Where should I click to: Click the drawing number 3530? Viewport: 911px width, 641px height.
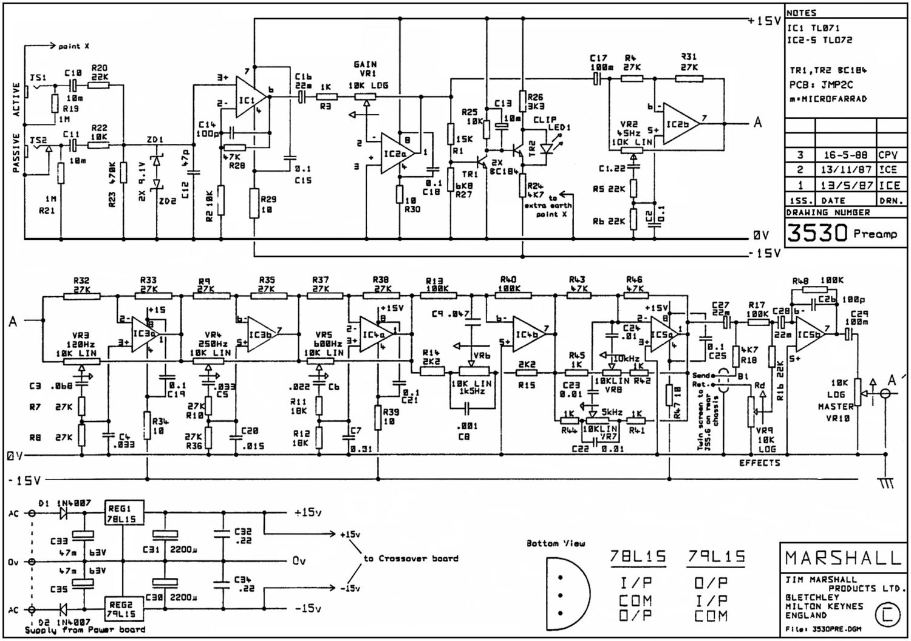point(817,233)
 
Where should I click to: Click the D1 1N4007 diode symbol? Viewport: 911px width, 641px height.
point(63,514)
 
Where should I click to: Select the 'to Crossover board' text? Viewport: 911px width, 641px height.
point(411,558)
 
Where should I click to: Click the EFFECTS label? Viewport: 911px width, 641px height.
point(759,463)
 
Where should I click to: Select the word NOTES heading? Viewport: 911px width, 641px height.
point(802,13)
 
